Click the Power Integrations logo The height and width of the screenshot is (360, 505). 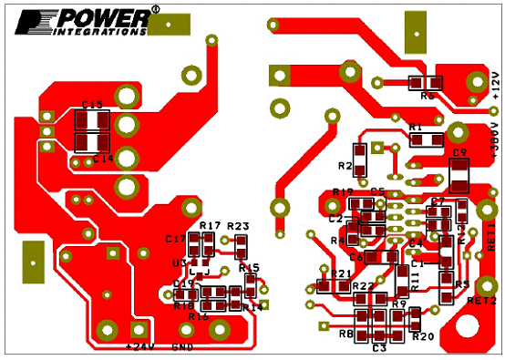[x=77, y=21]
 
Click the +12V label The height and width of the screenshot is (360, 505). [x=495, y=83]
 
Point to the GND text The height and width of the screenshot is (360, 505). [x=181, y=346]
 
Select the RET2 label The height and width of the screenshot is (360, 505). [x=482, y=300]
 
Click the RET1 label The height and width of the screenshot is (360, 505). [x=490, y=236]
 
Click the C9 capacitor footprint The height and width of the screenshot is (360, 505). [x=459, y=174]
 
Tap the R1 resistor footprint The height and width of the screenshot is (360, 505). [x=427, y=140]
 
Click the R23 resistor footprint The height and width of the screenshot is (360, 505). [x=241, y=245]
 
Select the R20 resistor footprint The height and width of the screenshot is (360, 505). [x=415, y=318]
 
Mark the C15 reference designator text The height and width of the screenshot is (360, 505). [x=91, y=106]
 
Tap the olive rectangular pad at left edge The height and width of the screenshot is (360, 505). [x=33, y=262]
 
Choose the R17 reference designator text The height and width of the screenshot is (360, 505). [x=210, y=225]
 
